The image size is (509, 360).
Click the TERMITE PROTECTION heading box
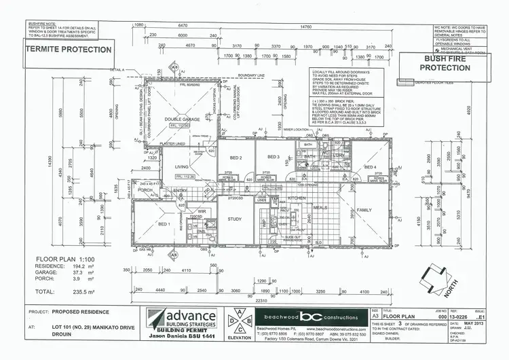pyautogui.click(x=68, y=50)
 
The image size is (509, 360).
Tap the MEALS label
pyautogui.click(x=320, y=208)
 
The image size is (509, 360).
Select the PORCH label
pyautogui.click(x=145, y=190)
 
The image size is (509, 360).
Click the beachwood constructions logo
pyautogui.click(x=312, y=317)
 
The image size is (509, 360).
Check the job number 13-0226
pyautogui.click(x=453, y=316)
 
